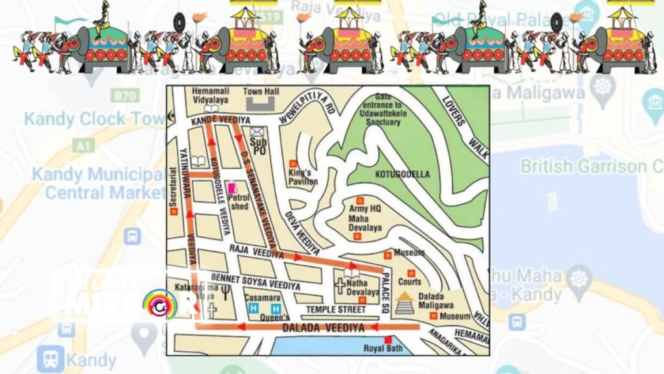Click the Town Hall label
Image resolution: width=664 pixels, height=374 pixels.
pos(261,92)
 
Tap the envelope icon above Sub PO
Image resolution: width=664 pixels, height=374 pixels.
pos(257,132)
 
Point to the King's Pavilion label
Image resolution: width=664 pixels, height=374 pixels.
pos(303,177)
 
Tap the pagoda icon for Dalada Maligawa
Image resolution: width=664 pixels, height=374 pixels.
pos(405,303)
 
